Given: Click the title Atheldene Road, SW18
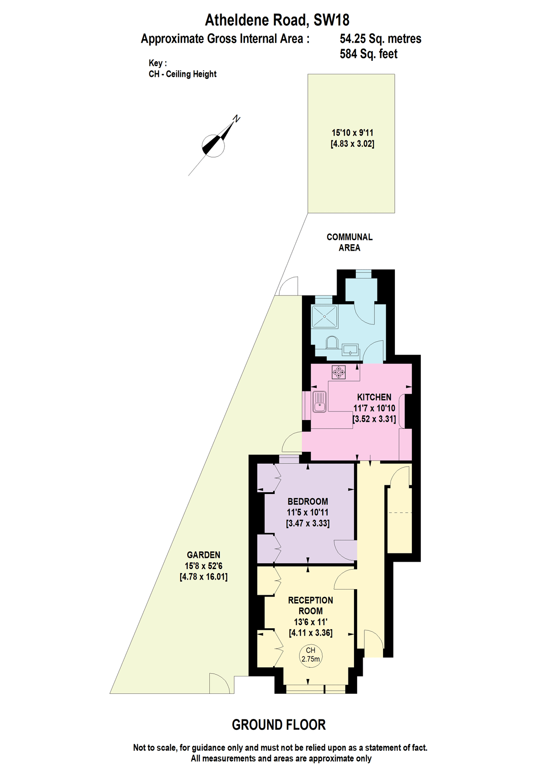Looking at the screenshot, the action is click(277, 20).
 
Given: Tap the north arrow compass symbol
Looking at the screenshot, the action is click(214, 145).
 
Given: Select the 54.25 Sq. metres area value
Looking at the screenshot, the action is click(380, 39).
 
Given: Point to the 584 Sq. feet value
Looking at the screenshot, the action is click(369, 54).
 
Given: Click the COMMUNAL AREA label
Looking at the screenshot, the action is click(350, 242).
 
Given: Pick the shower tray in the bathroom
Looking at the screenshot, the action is click(325, 317).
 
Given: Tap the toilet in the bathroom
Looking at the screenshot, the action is click(332, 342).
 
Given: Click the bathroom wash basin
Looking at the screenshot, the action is click(350, 349).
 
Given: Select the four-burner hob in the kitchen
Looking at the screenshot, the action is click(339, 372).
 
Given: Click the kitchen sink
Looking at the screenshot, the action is click(319, 402).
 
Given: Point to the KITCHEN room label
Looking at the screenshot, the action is click(374, 397).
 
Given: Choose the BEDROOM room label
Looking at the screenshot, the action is click(308, 501).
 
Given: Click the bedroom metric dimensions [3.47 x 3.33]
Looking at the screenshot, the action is click(308, 523).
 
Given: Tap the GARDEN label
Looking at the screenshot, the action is click(204, 555).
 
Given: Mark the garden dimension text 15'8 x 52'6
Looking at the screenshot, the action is click(204, 566).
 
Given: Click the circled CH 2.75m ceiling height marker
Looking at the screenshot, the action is click(311, 655).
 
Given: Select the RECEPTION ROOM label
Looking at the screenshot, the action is click(311, 606).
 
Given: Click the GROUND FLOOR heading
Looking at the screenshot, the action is click(279, 725).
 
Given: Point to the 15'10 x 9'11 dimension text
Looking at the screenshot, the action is click(353, 133).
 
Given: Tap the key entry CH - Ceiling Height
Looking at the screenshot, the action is click(182, 74).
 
